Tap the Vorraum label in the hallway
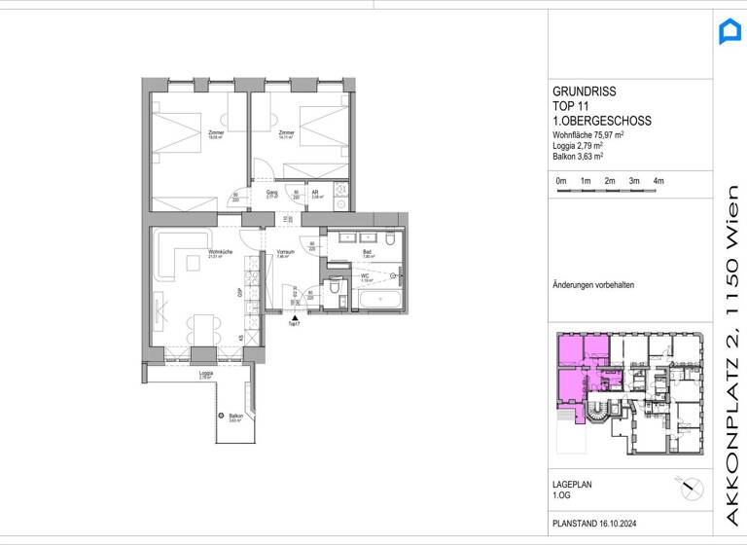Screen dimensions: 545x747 pos(285,253)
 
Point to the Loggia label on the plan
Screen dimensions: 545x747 pos(205,375)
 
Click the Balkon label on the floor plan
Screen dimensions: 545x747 pos(234,418)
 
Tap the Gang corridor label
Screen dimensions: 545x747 pos(273,194)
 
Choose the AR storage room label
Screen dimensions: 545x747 pos(316,194)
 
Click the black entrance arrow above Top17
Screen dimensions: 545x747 pos(295,316)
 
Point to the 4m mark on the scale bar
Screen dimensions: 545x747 pos(658,181)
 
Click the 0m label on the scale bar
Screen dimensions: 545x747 pos(560,181)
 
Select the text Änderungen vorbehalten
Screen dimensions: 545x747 pos(592,285)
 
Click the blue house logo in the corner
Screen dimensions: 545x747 pos(729,31)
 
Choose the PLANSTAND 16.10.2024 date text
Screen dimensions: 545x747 pos(598,523)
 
